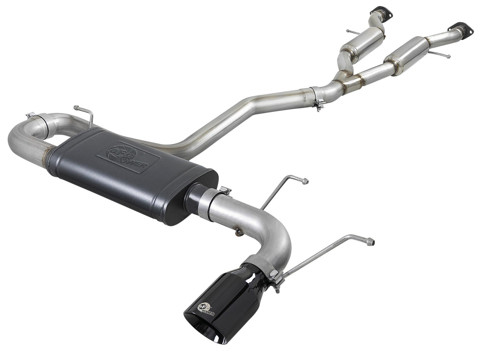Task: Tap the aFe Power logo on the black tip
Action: [206, 309]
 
